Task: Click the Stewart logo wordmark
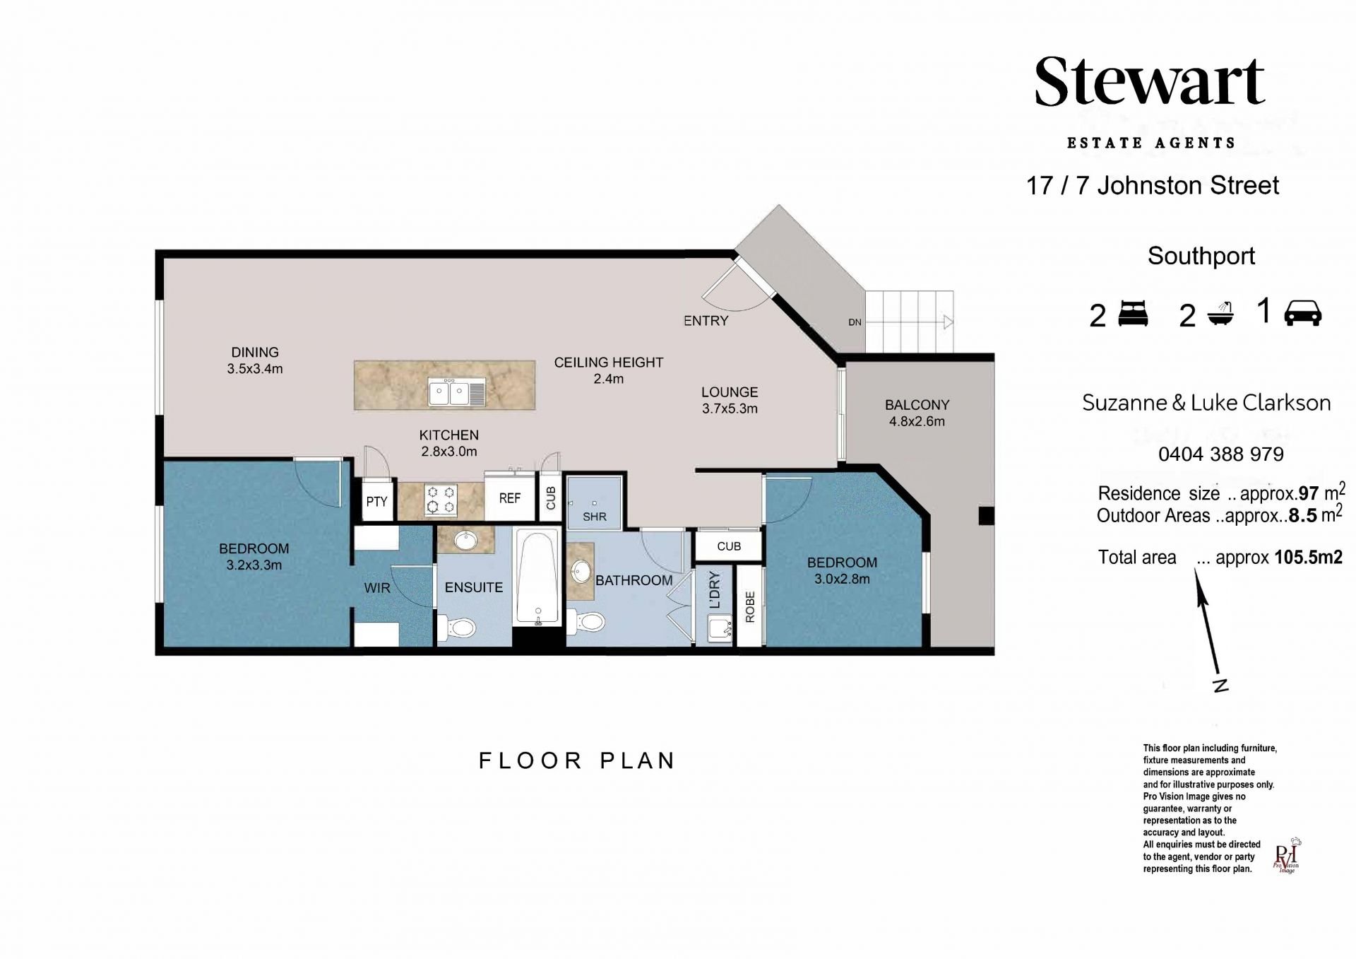coord(1149,82)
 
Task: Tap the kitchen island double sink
coord(457,392)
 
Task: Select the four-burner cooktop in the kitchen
coord(441,500)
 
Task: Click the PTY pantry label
coord(376,501)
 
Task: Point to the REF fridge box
coord(509,498)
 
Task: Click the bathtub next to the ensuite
coord(538,576)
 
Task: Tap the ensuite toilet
coord(457,627)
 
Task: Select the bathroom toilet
coord(587,622)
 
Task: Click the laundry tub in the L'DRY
coord(719,628)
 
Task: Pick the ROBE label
coord(749,606)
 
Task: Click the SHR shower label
coord(595,517)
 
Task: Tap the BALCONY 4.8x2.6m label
coord(917,413)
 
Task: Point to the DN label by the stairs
coord(855,322)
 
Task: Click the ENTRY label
coord(706,320)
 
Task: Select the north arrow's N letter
coord(1220,685)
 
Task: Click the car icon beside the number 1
coord(1302,312)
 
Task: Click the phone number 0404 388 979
coord(1221,454)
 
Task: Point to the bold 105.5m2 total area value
coord(1309,557)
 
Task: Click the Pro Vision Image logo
coord(1287,857)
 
